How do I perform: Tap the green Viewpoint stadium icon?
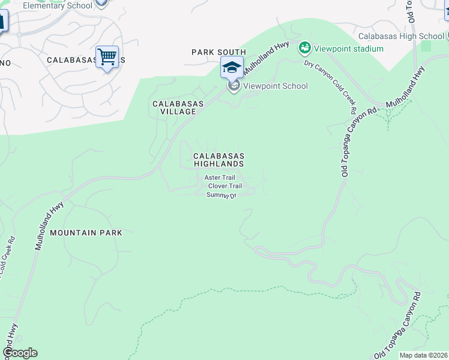305,47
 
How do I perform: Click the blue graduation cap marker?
232,67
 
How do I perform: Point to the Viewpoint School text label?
275,86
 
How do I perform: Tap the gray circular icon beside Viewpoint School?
234,86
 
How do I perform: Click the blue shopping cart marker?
107,58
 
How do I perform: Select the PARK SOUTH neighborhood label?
218,52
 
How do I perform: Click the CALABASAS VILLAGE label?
178,107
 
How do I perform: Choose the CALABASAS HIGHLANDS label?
218,159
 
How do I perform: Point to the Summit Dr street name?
221,195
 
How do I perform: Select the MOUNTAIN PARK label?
86,232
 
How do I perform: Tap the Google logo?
20,353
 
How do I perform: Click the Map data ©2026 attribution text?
424,355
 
